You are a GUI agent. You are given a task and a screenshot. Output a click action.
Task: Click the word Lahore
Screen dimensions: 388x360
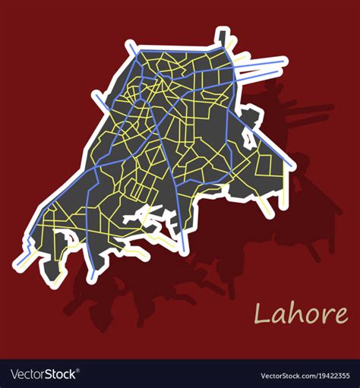[x=302, y=313]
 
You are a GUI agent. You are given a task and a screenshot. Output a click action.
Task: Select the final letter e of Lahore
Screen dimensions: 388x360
[x=341, y=314]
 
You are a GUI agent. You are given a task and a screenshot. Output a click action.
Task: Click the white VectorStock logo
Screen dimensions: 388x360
[x=44, y=374]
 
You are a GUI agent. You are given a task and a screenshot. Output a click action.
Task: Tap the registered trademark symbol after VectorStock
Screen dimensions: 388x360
[x=80, y=371]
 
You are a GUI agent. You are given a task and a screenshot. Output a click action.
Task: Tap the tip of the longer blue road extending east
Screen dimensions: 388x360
[x=283, y=61]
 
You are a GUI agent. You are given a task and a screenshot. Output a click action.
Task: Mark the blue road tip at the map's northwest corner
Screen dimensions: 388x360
[x=129, y=46]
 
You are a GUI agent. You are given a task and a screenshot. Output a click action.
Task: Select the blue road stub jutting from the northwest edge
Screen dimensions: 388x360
[x=97, y=96]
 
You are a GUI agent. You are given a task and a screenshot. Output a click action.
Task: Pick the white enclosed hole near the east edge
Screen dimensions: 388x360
[x=248, y=137]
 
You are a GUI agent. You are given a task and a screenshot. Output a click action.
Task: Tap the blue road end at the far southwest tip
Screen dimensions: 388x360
[x=18, y=267]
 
